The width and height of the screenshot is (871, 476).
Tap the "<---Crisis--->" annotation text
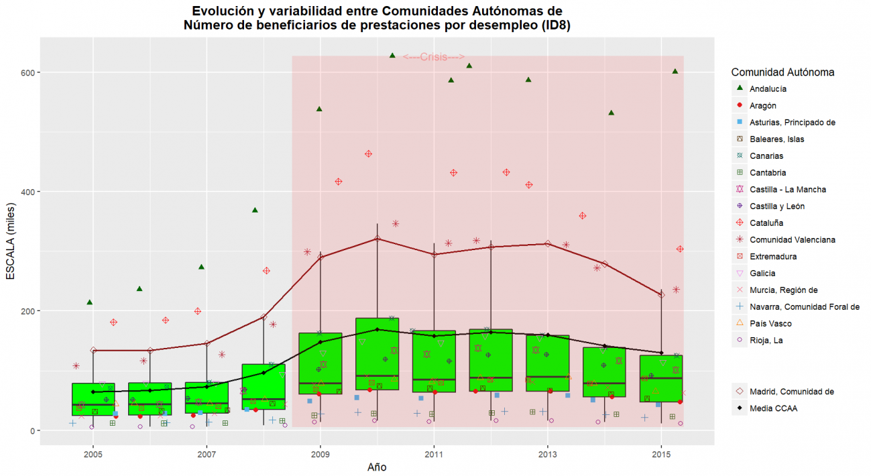(x=434, y=58)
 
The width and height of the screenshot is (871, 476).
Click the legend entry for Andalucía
(x=768, y=88)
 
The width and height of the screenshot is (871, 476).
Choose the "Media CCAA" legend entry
(x=774, y=408)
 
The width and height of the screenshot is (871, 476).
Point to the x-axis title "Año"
(x=377, y=467)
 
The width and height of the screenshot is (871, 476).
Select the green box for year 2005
(x=93, y=400)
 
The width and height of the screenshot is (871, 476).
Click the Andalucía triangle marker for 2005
(x=89, y=302)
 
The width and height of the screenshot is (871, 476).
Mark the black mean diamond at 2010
(x=378, y=329)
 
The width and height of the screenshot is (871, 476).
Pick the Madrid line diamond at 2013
(x=548, y=243)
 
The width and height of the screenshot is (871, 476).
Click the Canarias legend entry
(x=765, y=156)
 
